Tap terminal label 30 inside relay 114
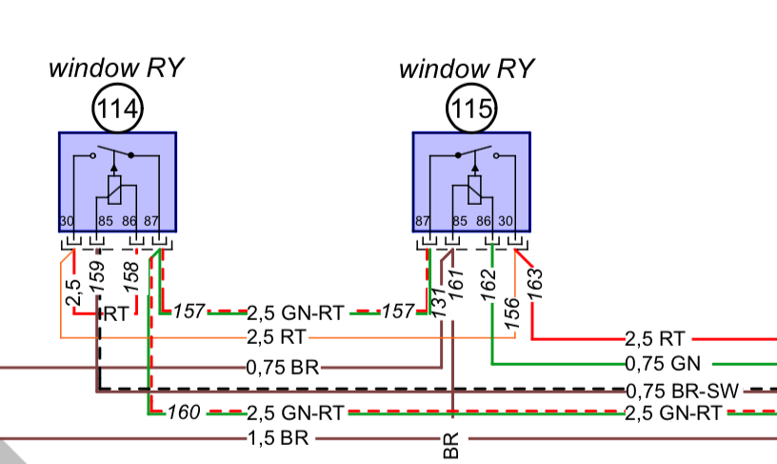tap(67, 222)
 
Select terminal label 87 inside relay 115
tap(422, 222)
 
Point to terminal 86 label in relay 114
tap(130, 222)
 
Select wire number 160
tap(184, 414)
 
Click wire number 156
tap(512, 313)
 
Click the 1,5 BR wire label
tap(277, 439)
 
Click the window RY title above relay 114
tap(116, 69)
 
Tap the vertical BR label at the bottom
tap(451, 445)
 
